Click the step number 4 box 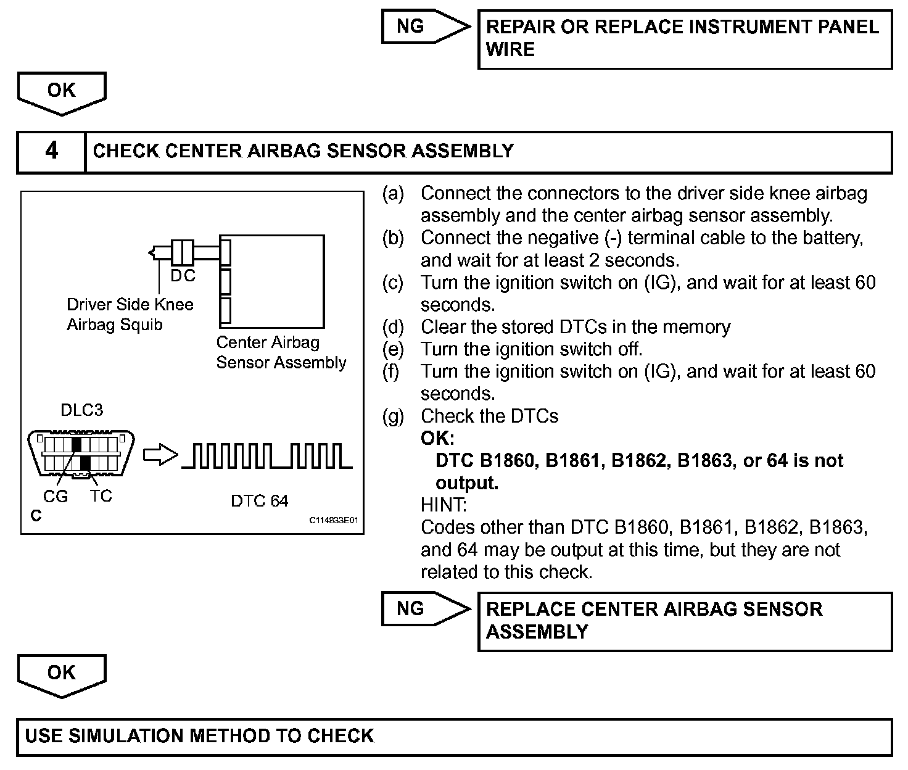click(51, 151)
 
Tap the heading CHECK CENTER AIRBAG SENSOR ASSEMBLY click(303, 151)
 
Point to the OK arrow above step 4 click(62, 92)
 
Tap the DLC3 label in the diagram click(81, 410)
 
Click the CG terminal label click(56, 496)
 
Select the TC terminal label click(101, 495)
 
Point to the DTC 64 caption click(259, 500)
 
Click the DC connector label click(183, 276)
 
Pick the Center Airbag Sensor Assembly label click(281, 352)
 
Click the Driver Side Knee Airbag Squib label click(130, 314)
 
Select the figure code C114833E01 click(333, 520)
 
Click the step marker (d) click(393, 327)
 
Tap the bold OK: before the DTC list click(437, 438)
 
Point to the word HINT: click(444, 505)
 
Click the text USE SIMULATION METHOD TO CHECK click(200, 736)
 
